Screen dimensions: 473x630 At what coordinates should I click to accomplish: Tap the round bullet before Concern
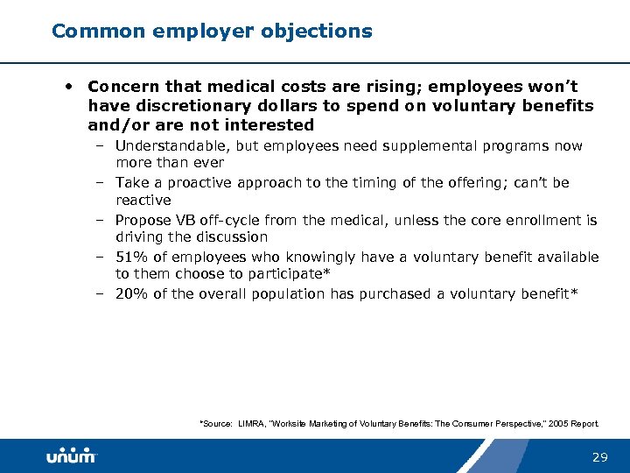(x=67, y=87)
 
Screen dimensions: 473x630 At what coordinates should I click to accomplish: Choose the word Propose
(x=144, y=221)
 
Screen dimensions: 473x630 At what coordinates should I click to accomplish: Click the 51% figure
(x=131, y=258)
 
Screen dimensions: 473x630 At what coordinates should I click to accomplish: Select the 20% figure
(x=131, y=294)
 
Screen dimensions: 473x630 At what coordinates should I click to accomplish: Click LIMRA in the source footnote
(x=253, y=424)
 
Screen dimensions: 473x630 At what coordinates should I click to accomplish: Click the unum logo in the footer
(x=71, y=455)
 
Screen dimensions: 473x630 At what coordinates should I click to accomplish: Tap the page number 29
(x=600, y=457)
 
